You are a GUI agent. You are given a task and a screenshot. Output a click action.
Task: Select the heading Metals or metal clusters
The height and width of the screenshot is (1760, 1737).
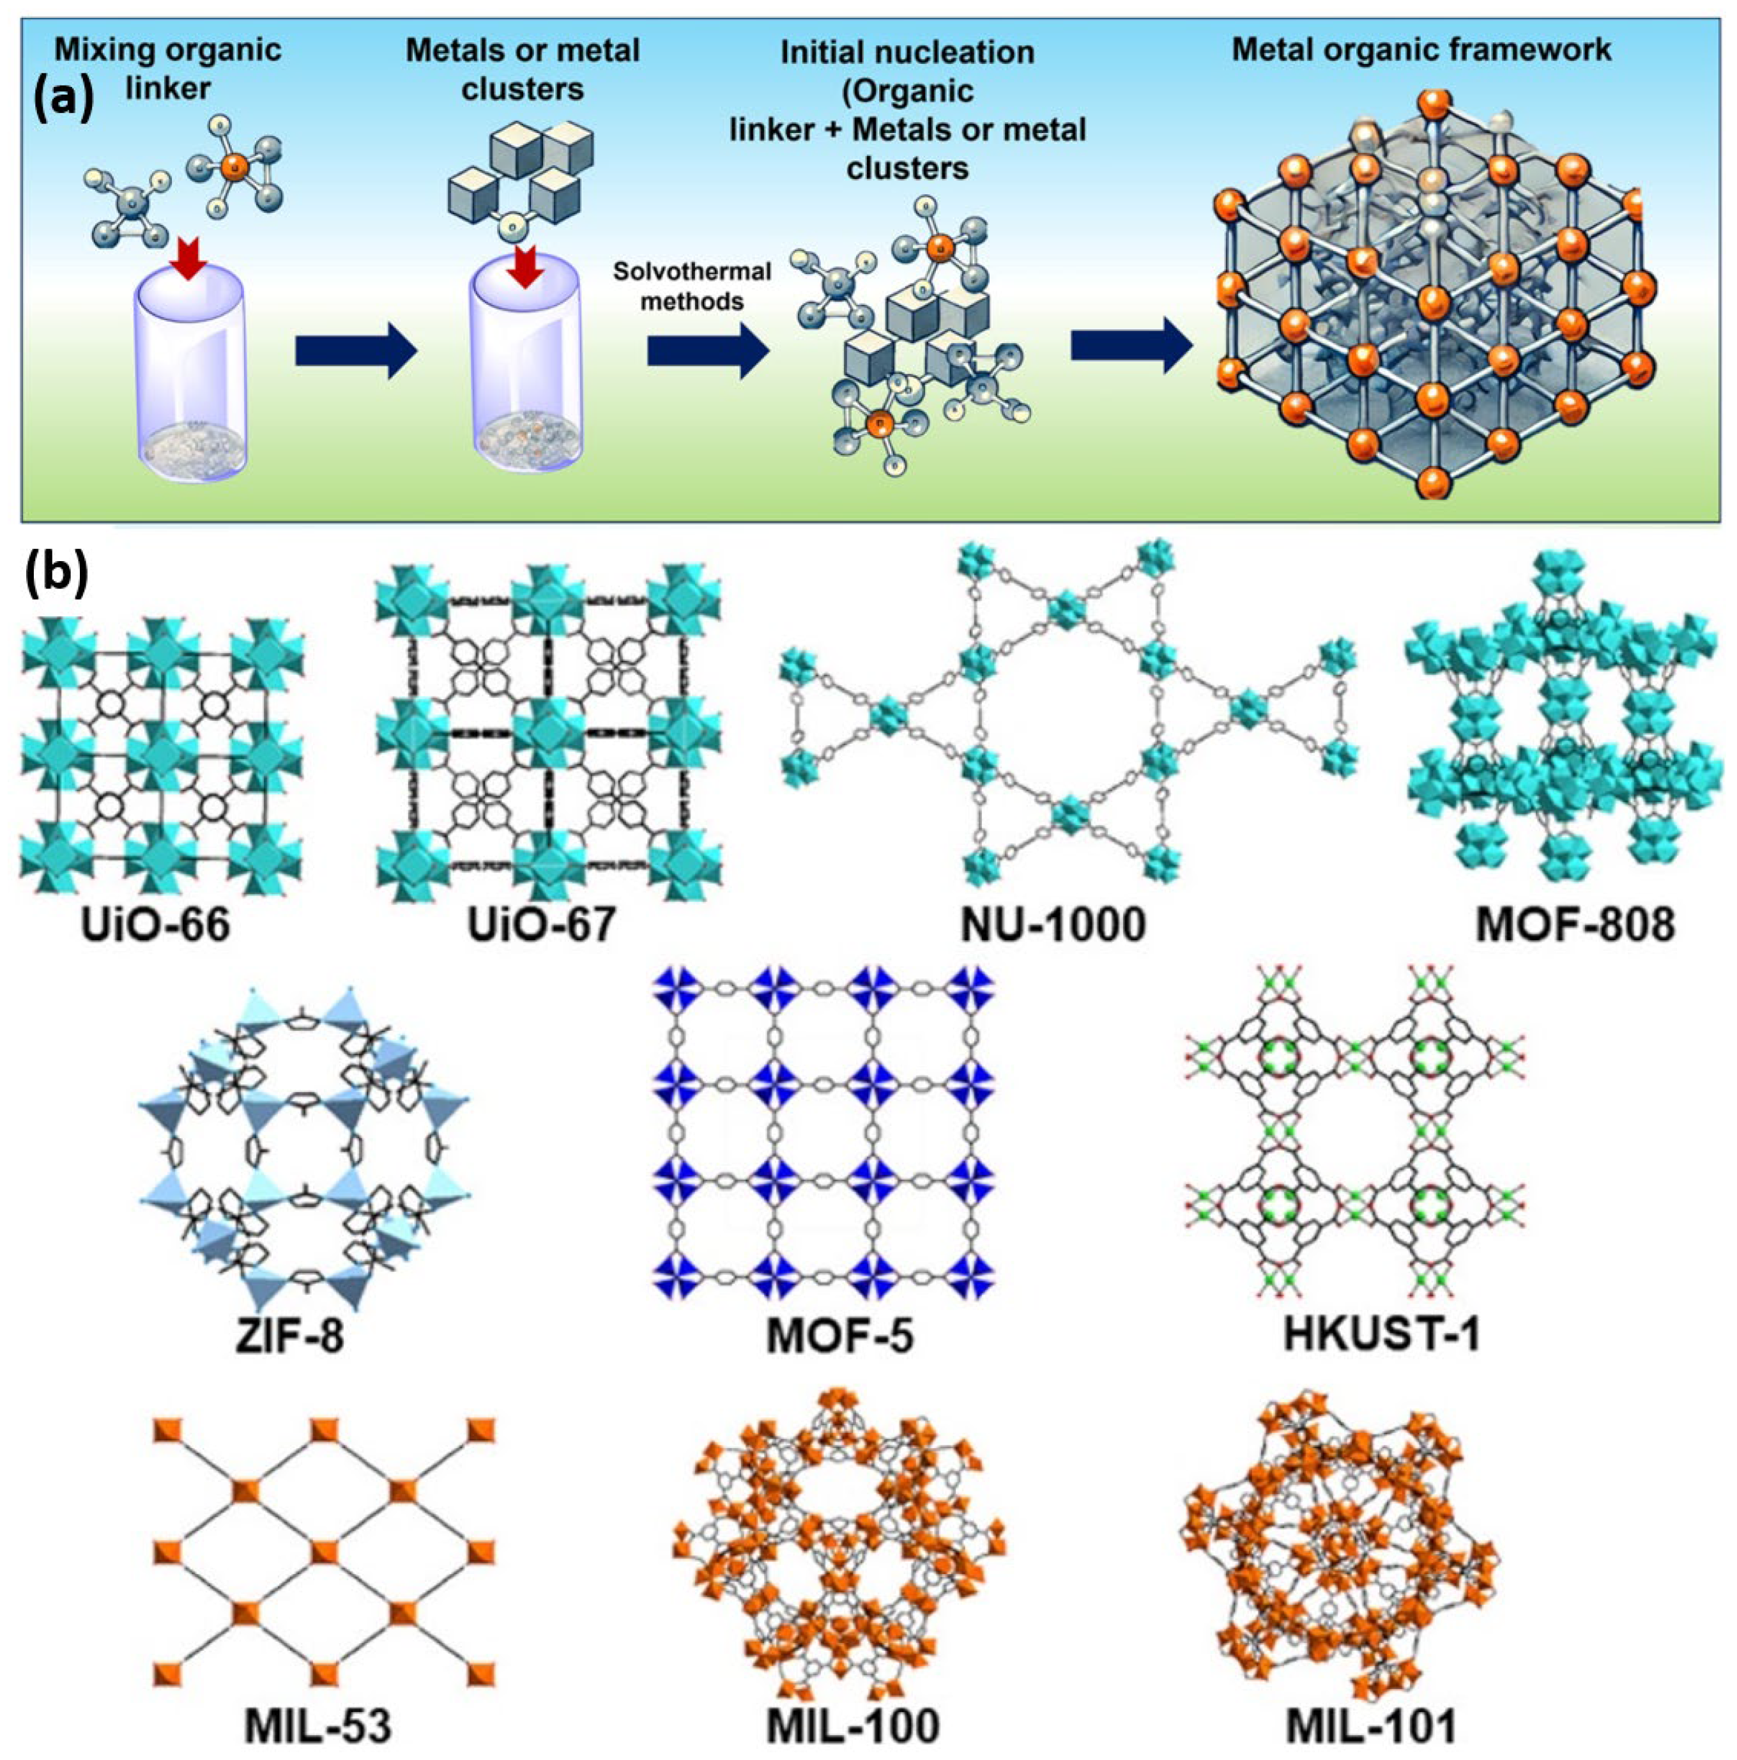(x=523, y=68)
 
